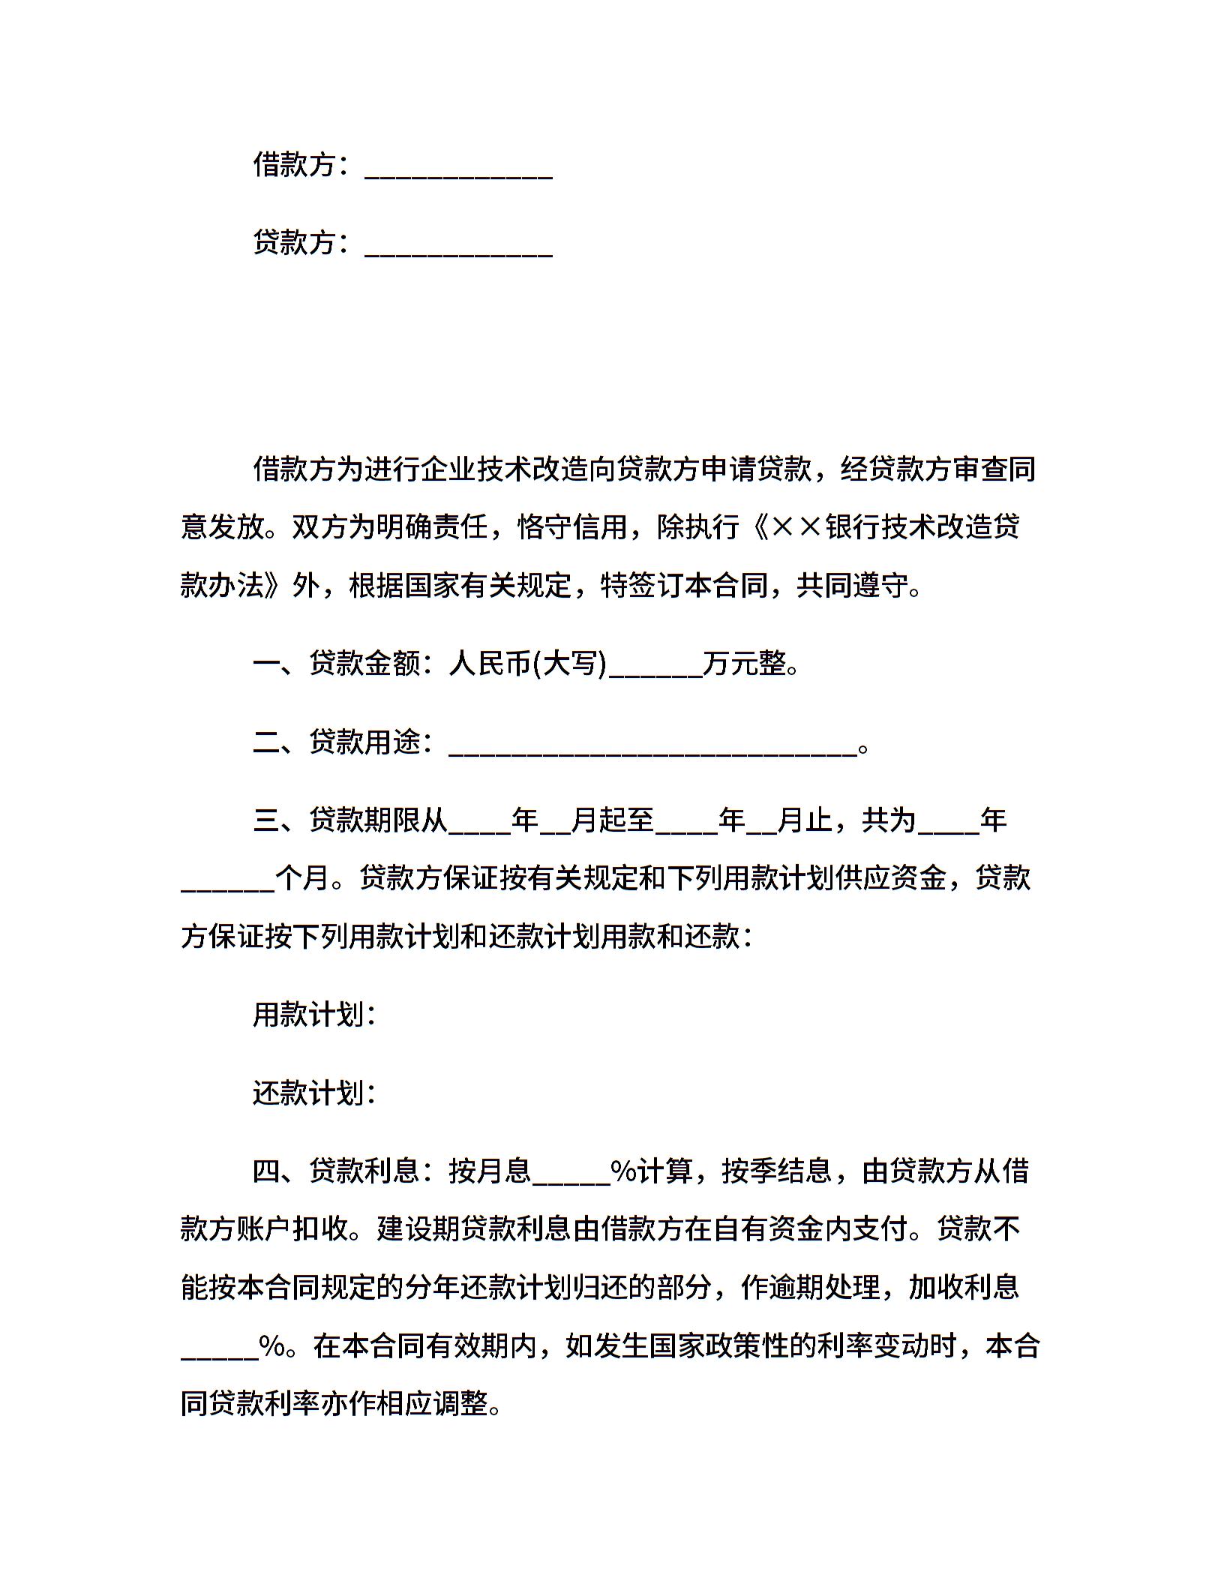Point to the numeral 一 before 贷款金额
coord(266,664)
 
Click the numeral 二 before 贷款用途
coord(266,742)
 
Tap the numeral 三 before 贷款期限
coord(266,820)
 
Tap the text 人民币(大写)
coord(527,664)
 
